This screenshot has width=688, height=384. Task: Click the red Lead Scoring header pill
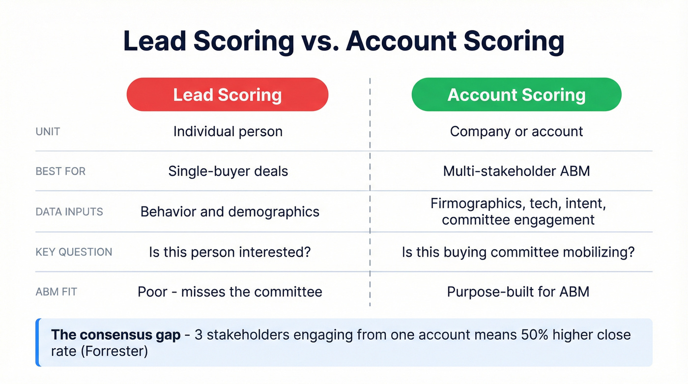(x=227, y=94)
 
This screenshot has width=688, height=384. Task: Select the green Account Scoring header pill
(x=516, y=94)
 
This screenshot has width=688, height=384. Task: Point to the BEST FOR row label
(x=60, y=172)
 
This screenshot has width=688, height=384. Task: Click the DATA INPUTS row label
(x=69, y=212)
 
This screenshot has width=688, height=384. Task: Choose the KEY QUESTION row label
(x=74, y=252)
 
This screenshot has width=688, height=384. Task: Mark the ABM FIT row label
(x=56, y=292)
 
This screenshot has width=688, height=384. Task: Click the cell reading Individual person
(x=228, y=132)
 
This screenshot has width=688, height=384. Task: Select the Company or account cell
(x=516, y=132)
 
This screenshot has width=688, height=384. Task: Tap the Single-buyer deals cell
(x=228, y=171)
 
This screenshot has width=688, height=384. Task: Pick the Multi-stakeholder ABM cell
(x=516, y=171)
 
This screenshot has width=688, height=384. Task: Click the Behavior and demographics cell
(x=230, y=211)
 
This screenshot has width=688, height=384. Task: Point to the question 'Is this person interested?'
(x=230, y=252)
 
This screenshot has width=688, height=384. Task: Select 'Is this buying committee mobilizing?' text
(x=518, y=252)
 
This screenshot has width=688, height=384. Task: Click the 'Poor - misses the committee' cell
(x=230, y=292)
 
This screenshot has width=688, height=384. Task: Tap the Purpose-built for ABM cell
(x=518, y=292)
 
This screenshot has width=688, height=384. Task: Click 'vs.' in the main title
(x=319, y=42)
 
